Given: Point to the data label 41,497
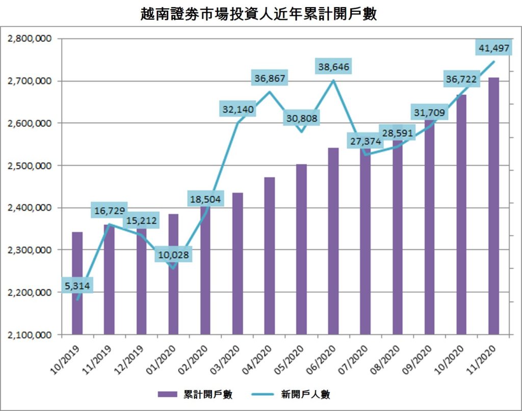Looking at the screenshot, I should tap(493, 48).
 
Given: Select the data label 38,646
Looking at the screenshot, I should tap(333, 67).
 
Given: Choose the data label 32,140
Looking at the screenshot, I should tap(238, 109).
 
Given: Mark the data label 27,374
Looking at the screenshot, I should tap(366, 141).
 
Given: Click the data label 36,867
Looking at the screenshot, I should tap(270, 78).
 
